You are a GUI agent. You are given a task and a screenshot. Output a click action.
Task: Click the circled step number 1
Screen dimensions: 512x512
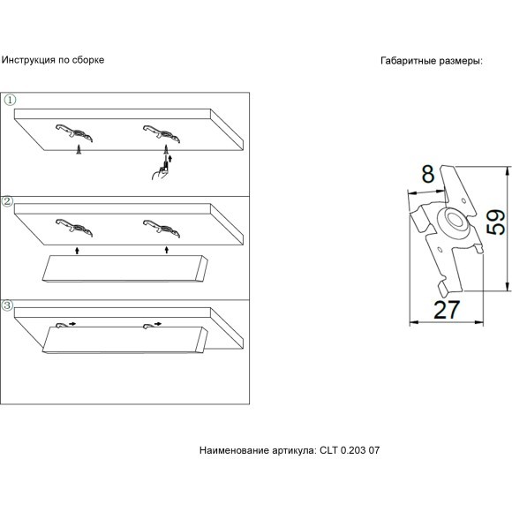tap(10, 100)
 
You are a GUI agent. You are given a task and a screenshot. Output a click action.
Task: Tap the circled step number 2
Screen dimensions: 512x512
tap(8, 201)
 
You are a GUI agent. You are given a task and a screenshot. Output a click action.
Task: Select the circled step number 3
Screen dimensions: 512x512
tap(8, 305)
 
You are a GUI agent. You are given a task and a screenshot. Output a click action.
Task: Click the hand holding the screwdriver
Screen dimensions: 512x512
tap(159, 172)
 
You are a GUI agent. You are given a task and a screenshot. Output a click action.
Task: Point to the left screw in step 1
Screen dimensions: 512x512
tap(79, 149)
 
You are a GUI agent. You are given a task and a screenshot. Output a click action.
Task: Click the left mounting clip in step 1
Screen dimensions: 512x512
tap(74, 132)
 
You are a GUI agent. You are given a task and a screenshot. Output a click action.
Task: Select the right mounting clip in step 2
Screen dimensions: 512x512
tap(162, 228)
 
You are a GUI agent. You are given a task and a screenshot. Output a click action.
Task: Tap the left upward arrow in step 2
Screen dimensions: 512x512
tap(77, 251)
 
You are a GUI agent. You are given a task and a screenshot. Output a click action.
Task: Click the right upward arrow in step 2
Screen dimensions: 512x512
tap(167, 250)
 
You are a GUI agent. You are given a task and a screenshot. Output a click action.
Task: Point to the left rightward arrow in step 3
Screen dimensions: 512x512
tap(72, 324)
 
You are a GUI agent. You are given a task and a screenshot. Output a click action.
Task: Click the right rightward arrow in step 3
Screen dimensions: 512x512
tap(158, 324)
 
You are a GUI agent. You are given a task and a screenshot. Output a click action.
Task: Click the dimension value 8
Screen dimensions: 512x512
tap(428, 174)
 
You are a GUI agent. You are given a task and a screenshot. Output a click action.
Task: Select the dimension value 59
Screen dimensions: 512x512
tap(496, 222)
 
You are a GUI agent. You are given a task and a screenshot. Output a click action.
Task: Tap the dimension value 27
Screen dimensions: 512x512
tap(447, 310)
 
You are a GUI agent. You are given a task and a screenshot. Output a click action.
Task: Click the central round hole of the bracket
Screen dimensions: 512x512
tap(456, 220)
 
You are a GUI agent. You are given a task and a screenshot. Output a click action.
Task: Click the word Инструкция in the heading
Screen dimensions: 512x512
tap(28, 60)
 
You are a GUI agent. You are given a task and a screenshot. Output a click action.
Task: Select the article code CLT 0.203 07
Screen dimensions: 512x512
tap(350, 450)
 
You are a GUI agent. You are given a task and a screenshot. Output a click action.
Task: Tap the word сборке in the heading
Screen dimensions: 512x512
tap(88, 60)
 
